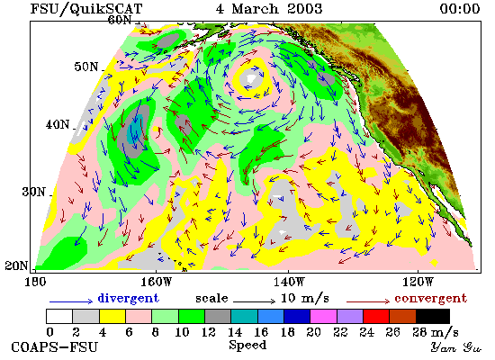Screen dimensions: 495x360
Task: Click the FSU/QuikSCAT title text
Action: click(x=86, y=8)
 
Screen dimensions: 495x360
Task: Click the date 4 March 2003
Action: click(x=269, y=8)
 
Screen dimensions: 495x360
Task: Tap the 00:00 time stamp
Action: click(x=460, y=8)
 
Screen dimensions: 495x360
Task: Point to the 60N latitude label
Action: click(x=120, y=20)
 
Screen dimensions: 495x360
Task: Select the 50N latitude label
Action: click(x=85, y=67)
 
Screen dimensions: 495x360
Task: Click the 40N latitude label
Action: click(x=58, y=124)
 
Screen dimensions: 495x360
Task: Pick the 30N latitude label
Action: click(x=33, y=192)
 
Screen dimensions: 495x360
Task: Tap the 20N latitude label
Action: click(x=16, y=265)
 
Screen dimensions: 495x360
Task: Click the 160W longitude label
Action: click(x=156, y=282)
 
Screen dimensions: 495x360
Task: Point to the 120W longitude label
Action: click(x=418, y=282)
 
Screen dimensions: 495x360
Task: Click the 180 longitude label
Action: click(x=35, y=282)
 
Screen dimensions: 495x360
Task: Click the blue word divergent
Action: click(x=129, y=298)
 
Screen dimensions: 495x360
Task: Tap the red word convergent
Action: click(x=430, y=299)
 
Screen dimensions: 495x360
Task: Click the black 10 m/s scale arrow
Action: click(x=255, y=301)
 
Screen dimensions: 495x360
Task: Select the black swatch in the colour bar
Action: click(x=433, y=317)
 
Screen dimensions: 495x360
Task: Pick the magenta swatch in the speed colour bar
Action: click(x=324, y=317)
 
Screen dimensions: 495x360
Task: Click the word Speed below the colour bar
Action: click(x=247, y=345)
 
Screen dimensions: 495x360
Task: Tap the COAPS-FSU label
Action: click(x=54, y=347)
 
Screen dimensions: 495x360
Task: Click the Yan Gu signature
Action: click(x=456, y=347)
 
